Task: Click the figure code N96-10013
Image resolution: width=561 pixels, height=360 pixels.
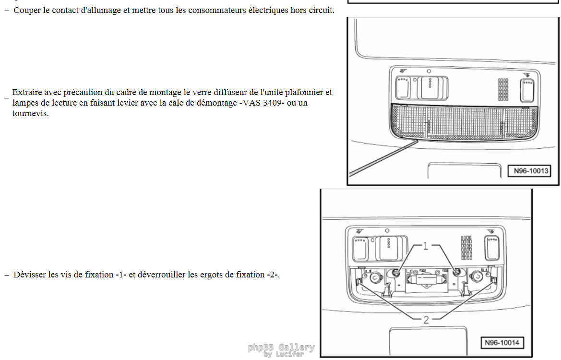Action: (531, 171)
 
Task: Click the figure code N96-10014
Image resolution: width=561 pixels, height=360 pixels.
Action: (502, 343)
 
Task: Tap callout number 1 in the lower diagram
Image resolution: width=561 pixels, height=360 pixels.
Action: (425, 246)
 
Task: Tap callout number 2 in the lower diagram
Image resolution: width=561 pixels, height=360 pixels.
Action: (426, 320)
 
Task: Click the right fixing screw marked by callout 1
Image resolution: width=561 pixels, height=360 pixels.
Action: (456, 273)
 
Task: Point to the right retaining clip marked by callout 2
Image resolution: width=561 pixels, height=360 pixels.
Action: (493, 281)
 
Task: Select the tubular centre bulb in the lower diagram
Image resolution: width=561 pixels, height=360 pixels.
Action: (426, 279)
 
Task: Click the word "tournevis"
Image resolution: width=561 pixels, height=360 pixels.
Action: (30, 114)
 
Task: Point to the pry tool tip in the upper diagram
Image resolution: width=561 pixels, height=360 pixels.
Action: (417, 141)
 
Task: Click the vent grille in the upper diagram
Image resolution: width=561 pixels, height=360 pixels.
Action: (503, 89)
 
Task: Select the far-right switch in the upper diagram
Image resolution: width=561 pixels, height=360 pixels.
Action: (527, 91)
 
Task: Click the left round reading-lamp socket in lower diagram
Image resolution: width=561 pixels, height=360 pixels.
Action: (375, 277)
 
